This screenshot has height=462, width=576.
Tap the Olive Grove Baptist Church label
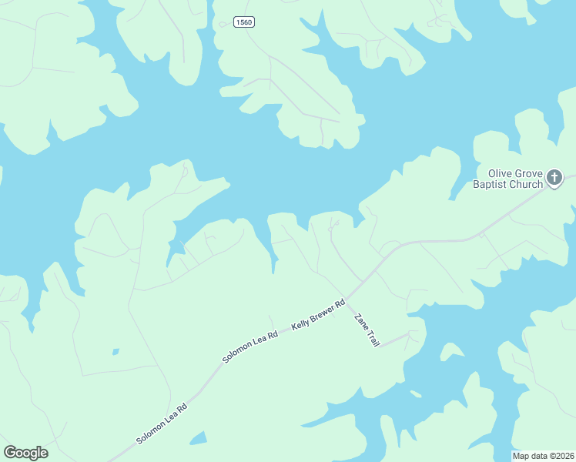click(507, 179)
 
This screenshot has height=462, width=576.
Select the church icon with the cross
click(554, 179)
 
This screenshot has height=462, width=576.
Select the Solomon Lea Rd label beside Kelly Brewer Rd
click(250, 347)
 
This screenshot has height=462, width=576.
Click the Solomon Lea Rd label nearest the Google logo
click(162, 425)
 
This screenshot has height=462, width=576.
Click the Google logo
click(25, 453)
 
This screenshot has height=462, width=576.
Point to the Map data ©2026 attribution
click(543, 456)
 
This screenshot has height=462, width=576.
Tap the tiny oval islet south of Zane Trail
click(416, 394)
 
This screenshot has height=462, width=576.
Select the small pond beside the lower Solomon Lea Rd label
click(199, 438)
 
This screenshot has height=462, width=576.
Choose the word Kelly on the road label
click(301, 324)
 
